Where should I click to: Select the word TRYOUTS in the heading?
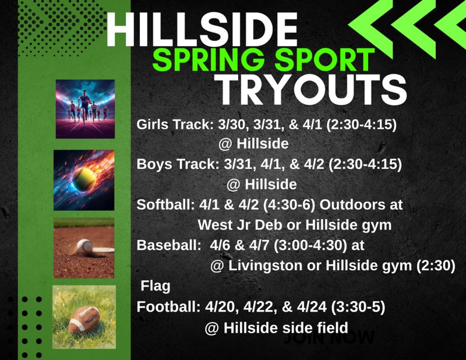pos(312,90)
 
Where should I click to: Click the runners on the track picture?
pos(85,109)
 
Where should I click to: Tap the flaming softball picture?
pos(84,180)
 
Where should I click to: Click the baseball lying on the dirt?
pos(84,246)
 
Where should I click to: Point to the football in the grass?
pos(84,318)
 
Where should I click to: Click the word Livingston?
pos(264,266)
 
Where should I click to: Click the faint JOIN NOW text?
pos(330,337)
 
